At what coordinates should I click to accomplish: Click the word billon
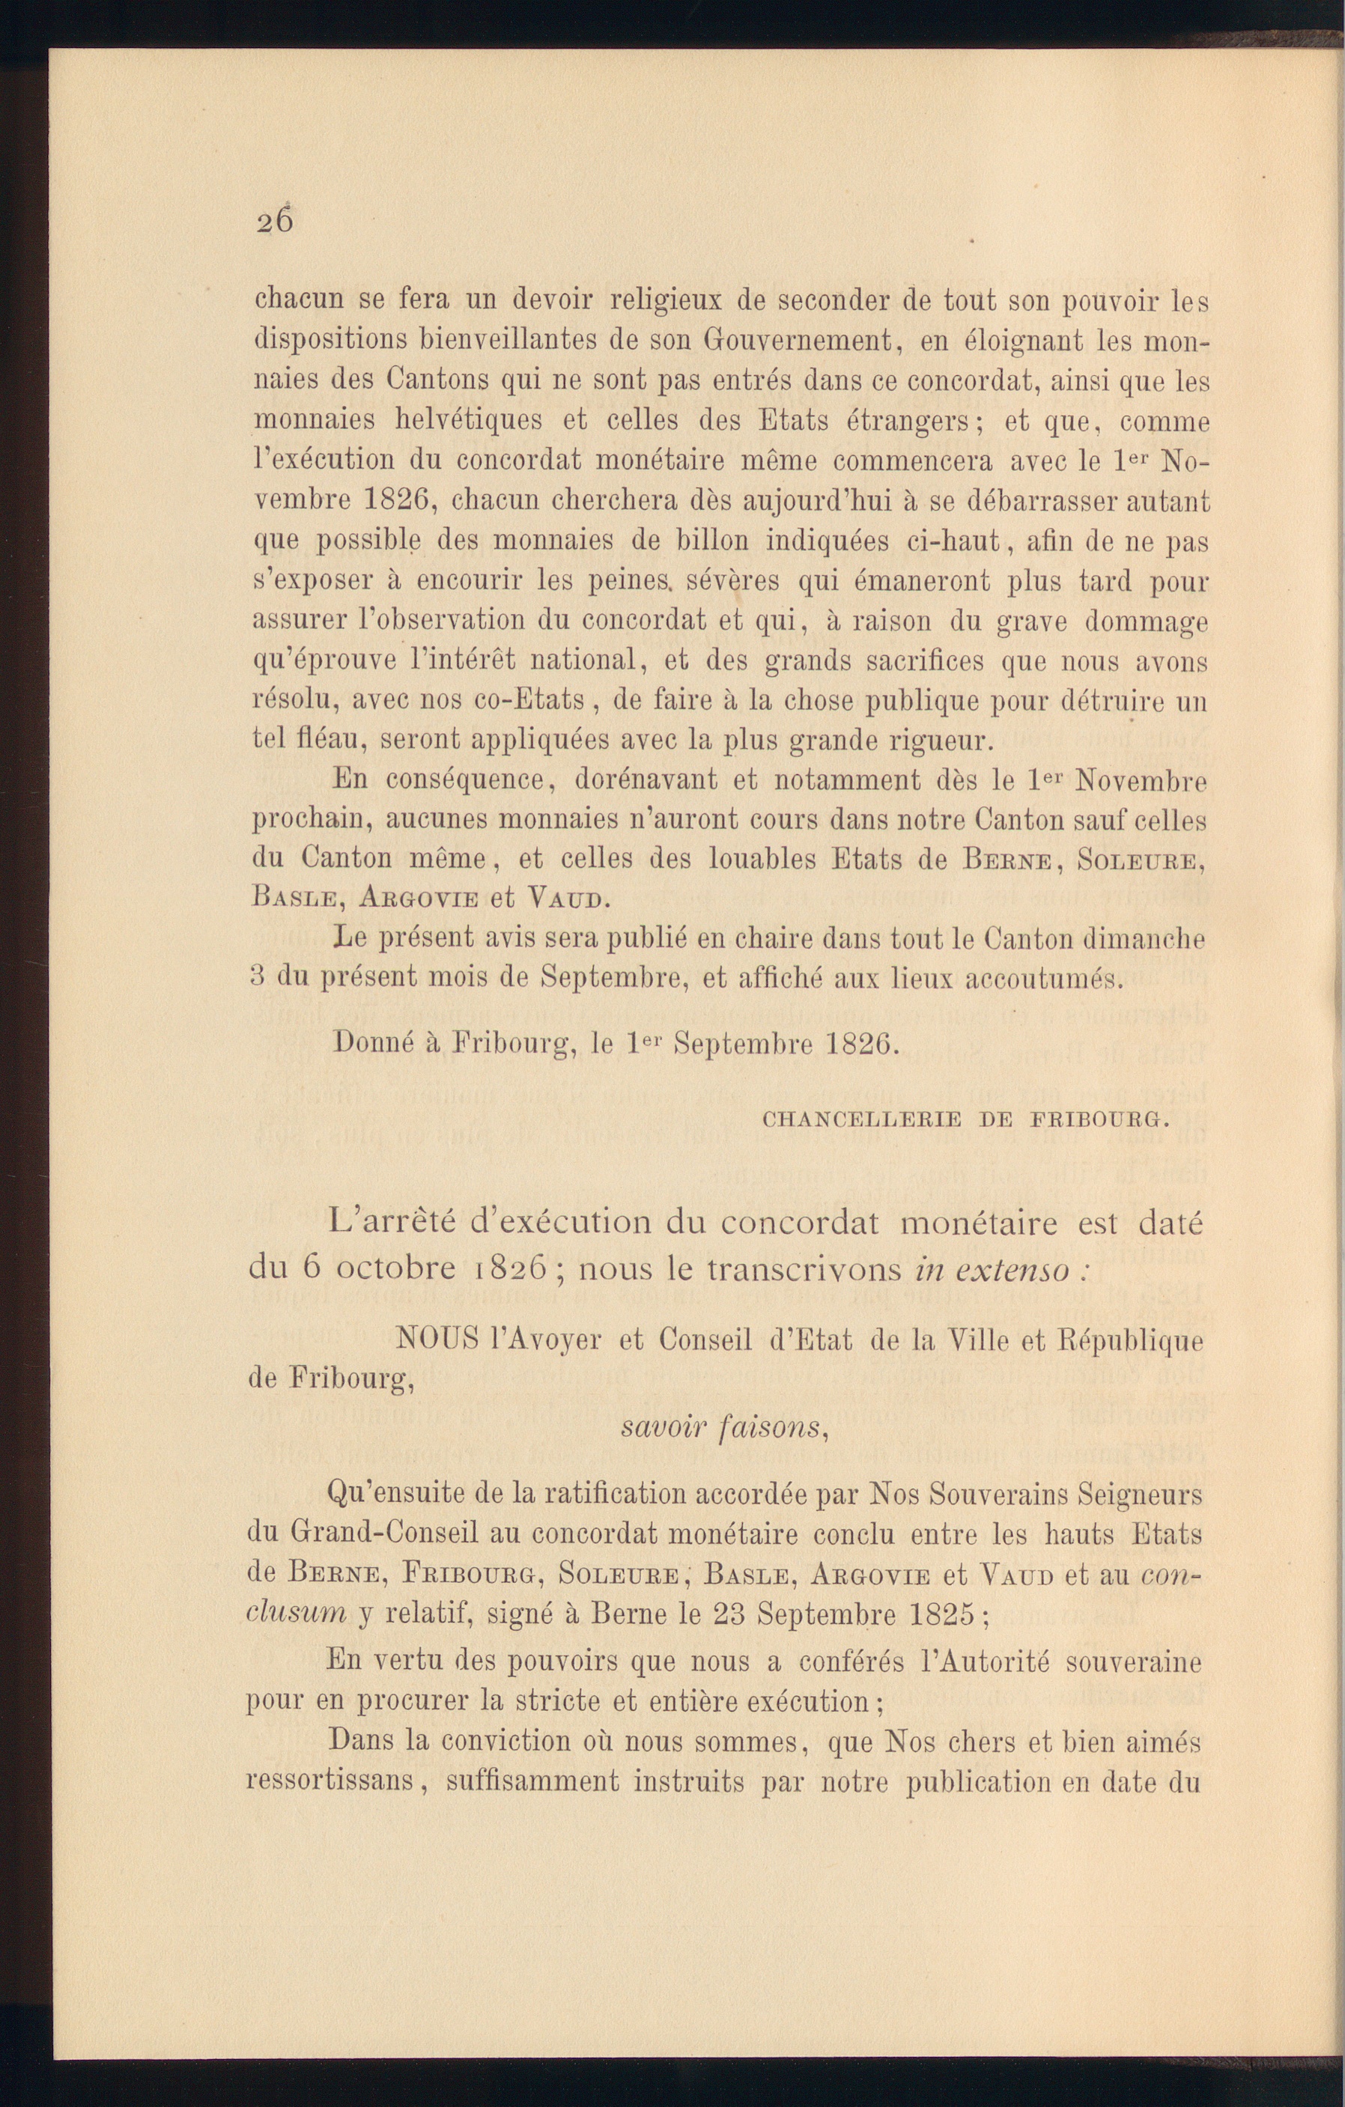click(702, 541)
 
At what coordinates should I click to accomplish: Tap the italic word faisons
click(768, 1427)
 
